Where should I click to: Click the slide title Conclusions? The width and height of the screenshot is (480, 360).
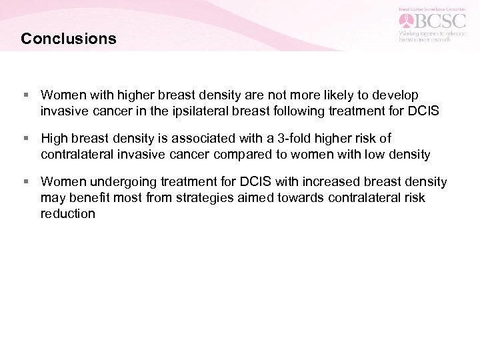[68, 39]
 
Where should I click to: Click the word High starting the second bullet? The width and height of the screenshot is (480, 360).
[54, 139]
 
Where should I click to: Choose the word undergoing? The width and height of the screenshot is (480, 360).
[114, 182]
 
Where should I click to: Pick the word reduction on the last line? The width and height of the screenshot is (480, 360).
[67, 213]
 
